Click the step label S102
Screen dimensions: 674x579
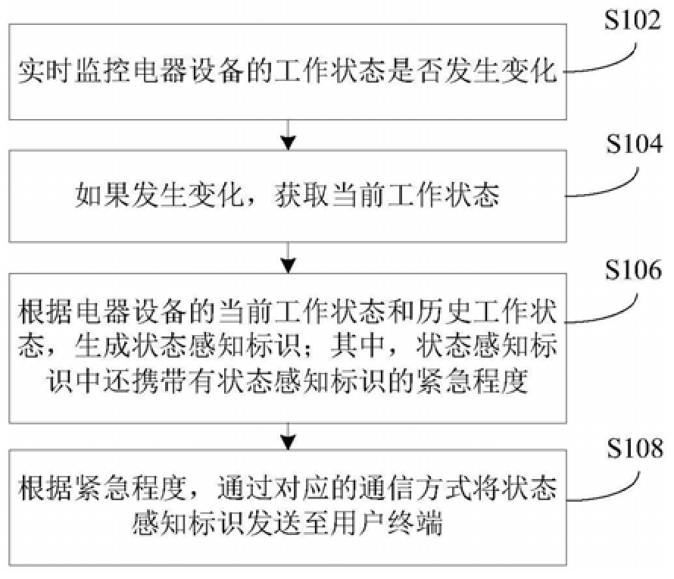632,20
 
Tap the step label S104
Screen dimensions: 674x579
634,144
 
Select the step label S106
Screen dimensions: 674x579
633,270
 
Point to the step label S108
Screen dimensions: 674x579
635,448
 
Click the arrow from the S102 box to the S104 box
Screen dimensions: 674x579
288,135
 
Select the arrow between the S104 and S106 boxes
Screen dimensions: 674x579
288,258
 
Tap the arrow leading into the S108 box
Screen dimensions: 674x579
288,437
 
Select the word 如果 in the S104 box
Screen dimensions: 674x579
102,196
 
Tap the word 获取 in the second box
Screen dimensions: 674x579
302,196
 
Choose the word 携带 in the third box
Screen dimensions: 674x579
159,381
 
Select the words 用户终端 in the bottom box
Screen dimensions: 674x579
388,524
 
